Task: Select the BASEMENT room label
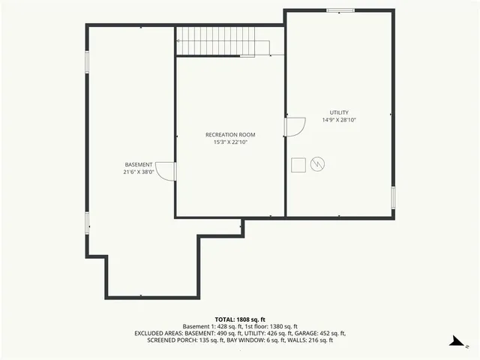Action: pos(139,164)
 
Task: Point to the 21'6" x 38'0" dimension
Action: pos(139,171)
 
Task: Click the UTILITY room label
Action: pos(339,112)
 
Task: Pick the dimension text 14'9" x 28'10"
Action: pos(339,120)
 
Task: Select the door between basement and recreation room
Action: pos(166,172)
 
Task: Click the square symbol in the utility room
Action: pos(298,163)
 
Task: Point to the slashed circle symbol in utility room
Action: pos(317,163)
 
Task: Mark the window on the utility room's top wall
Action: pos(340,10)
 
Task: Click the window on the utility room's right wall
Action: pos(393,197)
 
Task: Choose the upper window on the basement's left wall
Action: pos(87,61)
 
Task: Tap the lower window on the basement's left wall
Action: pos(87,223)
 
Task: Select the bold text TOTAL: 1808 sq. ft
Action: pos(240,319)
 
